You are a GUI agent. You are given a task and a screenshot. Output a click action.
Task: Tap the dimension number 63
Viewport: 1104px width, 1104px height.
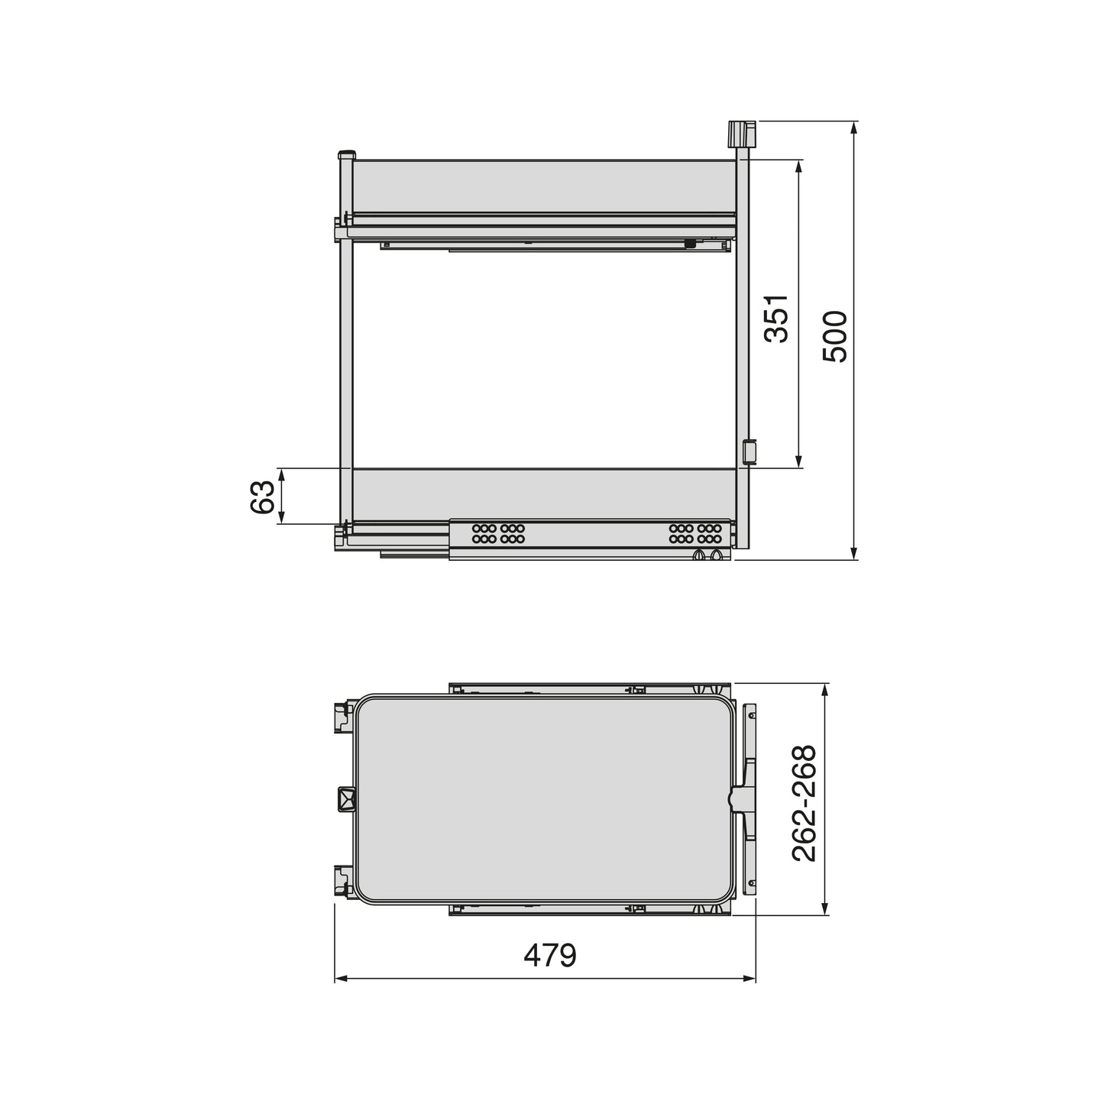coord(262,497)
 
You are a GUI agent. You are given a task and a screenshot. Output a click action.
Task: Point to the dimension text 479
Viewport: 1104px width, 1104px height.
coord(549,956)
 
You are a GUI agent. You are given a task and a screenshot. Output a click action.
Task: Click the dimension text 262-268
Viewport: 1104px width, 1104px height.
coord(804,804)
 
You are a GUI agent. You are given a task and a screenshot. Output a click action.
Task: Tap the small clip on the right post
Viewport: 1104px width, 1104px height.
coord(749,451)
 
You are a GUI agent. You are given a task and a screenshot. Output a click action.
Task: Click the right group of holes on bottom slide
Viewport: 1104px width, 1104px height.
coord(694,533)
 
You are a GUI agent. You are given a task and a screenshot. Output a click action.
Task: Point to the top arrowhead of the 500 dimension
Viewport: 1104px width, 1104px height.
coord(854,127)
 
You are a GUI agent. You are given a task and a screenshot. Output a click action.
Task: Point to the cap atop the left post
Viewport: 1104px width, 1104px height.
coord(346,154)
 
